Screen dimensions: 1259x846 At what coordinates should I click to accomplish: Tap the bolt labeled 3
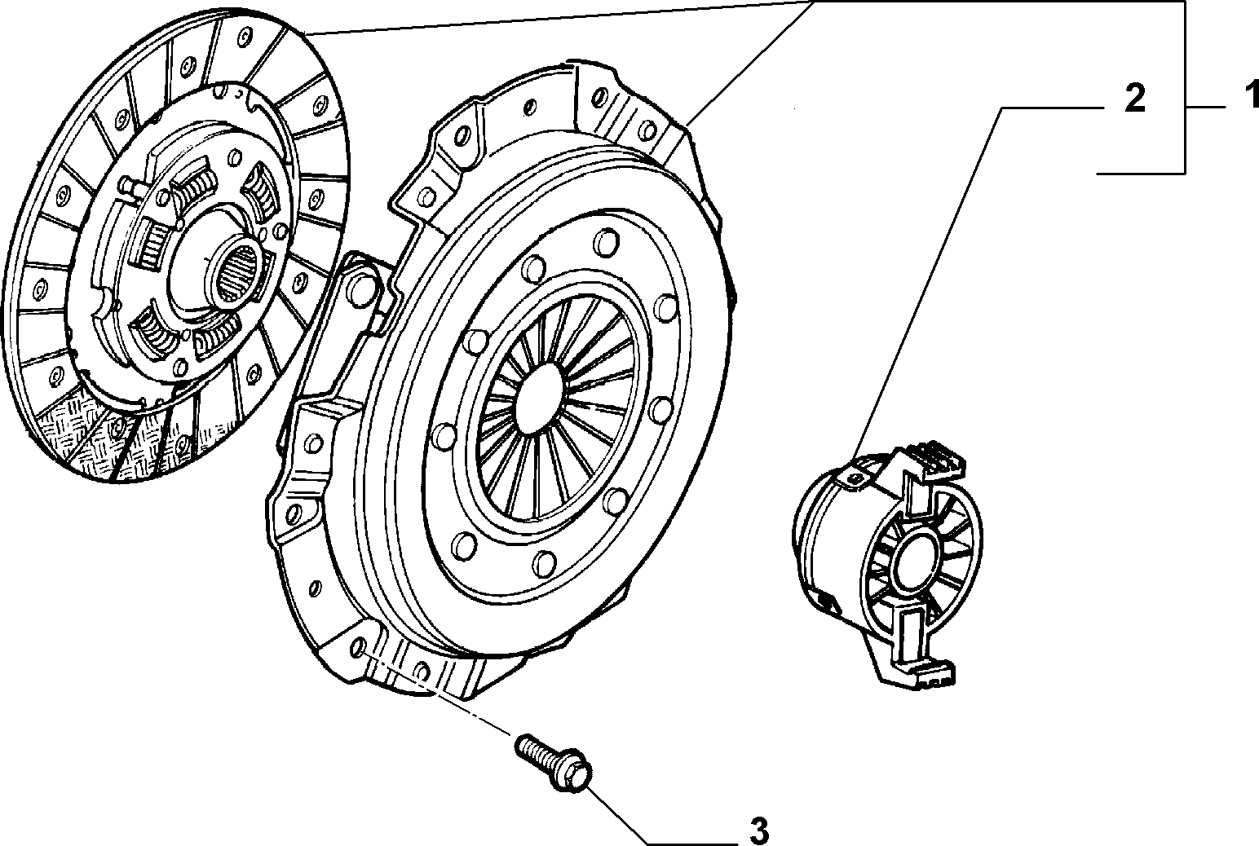(x=553, y=763)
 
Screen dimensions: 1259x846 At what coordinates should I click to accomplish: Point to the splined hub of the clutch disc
(x=239, y=272)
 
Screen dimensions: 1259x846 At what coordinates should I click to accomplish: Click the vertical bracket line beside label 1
(x=1186, y=87)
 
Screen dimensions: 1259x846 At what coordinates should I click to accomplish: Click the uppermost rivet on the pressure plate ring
(x=606, y=243)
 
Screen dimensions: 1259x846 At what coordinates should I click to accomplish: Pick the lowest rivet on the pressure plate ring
(x=543, y=562)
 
